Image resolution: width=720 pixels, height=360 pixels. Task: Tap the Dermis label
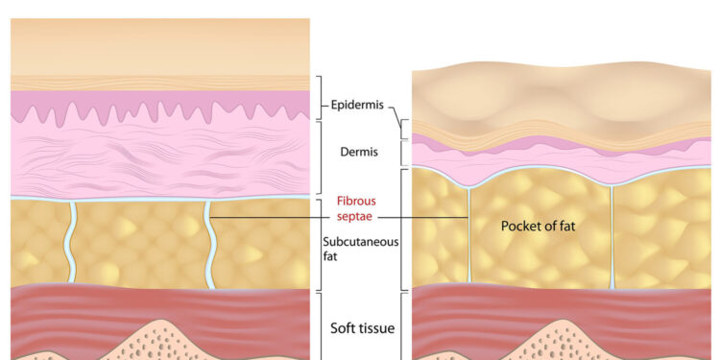[x=357, y=151]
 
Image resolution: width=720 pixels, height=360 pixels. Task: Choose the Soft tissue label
[x=362, y=329]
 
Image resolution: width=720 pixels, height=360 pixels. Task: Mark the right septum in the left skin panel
[x=208, y=240]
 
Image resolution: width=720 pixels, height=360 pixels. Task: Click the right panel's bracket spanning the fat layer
[x=403, y=228]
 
